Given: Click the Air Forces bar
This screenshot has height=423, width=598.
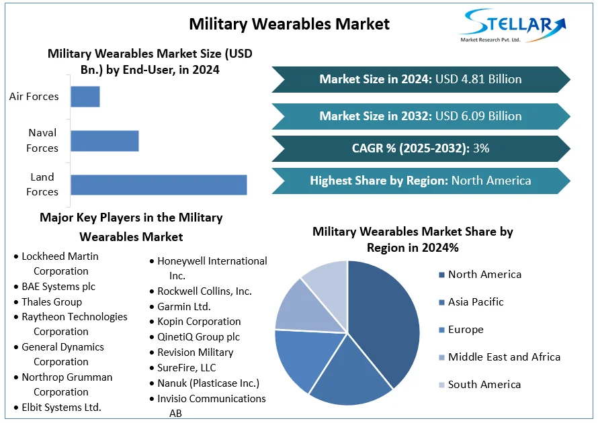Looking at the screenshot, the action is pos(85,97).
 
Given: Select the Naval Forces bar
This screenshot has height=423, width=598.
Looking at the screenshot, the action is pos(105,141).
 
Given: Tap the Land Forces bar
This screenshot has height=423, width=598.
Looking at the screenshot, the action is pos(159,185).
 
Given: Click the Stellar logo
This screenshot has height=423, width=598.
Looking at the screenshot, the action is pos(513,25).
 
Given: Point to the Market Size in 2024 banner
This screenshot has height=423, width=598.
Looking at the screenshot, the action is pos(421,79).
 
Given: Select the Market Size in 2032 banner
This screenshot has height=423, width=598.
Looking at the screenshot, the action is pos(421,116).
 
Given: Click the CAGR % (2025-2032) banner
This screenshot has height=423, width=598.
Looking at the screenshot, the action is pos(421,148).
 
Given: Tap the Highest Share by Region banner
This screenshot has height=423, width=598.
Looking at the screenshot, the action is pos(421,181).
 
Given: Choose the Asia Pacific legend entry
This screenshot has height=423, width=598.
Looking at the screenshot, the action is pos(472,302).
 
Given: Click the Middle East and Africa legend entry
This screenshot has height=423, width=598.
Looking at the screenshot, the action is pos(500,357).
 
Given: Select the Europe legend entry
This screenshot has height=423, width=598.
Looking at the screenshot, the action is pos(461,330).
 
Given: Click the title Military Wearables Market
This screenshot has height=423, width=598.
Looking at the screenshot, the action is pos(289,24).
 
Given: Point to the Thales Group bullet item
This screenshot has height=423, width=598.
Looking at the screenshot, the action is pos(48,302).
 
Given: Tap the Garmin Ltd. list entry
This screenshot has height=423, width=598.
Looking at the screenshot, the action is pos(180,306).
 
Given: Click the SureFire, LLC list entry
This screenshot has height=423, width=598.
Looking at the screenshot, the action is pos(183,368).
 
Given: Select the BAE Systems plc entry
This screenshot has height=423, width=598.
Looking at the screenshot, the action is pos(54,287).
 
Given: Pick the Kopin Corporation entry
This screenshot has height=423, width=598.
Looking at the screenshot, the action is pos(195,322).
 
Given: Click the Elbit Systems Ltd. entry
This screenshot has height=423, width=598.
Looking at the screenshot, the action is pos(57,408).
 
